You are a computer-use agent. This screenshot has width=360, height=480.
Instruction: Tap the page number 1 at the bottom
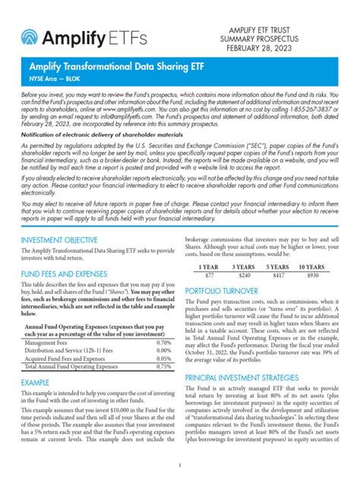[x=180, y=465]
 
